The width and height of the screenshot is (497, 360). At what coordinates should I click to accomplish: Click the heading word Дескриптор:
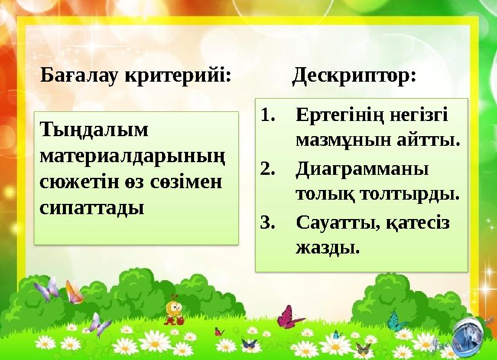354,77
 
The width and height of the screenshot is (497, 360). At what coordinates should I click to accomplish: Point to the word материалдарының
132,156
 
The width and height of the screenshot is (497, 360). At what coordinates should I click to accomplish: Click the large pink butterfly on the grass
290,317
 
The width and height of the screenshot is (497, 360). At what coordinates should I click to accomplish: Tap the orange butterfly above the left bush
74,293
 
